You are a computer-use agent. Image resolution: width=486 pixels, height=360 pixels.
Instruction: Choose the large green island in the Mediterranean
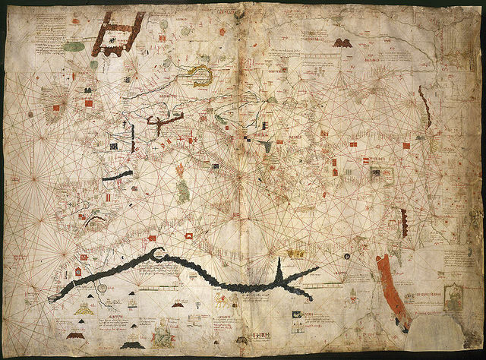(183, 187)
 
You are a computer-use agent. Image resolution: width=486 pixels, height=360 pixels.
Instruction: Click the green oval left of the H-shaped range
(74, 47)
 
